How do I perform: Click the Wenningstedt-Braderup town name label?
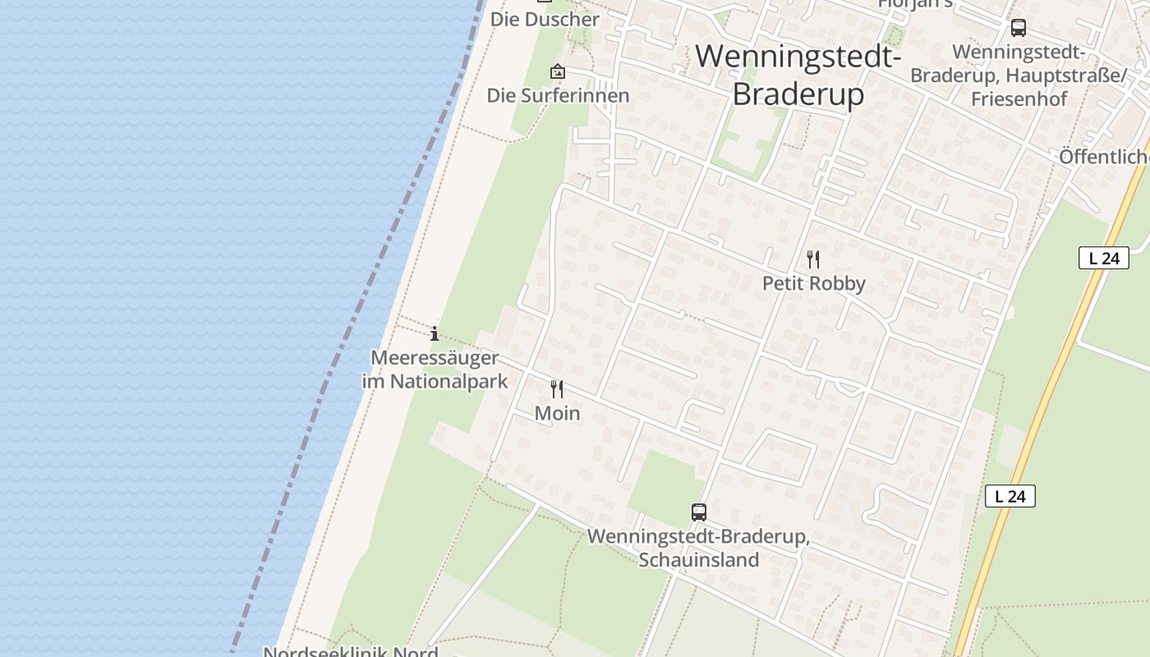click(798, 75)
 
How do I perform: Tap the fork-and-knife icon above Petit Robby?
click(813, 260)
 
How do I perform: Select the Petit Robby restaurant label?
click(813, 283)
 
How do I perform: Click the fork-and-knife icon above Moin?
click(557, 388)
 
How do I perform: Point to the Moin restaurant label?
click(557, 413)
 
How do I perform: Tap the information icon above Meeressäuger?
click(435, 333)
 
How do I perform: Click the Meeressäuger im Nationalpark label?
click(435, 370)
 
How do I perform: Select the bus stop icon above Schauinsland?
click(698, 512)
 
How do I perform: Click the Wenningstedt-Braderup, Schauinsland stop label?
click(698, 549)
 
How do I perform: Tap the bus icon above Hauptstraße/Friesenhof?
click(1019, 28)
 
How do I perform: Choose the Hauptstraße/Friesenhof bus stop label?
click(1019, 76)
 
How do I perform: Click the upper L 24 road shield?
click(1103, 258)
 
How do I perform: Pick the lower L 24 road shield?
click(1010, 496)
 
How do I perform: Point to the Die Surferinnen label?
click(558, 95)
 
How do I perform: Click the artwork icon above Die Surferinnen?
click(558, 72)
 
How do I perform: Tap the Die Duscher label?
click(545, 19)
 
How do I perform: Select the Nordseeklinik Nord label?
click(351, 651)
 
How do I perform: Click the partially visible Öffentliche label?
click(1103, 156)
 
